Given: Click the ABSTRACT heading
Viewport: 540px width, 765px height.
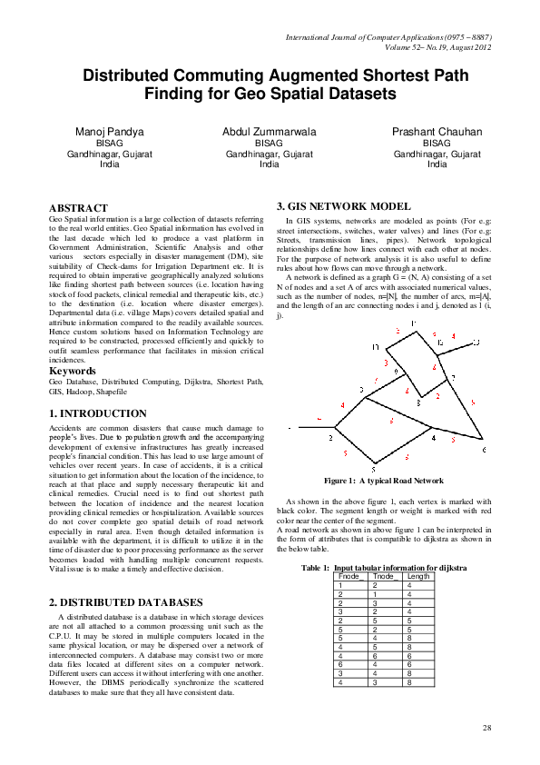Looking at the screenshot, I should pyautogui.click(x=78, y=208).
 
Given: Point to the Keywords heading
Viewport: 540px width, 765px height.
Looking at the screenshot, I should pyautogui.click(x=74, y=372).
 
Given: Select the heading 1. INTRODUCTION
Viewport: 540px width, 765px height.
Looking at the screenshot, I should pyautogui.click(x=97, y=413).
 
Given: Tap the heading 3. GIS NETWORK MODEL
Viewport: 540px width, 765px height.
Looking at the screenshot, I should pyautogui.click(x=337, y=206).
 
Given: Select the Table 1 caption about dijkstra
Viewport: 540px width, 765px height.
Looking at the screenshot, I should pyautogui.click(x=384, y=567).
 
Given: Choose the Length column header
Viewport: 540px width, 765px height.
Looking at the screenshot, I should pyautogui.click(x=419, y=576).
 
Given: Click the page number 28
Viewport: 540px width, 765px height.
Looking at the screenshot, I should pyautogui.click(x=486, y=728).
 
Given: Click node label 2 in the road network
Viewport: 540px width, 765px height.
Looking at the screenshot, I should pyautogui.click(x=330, y=437).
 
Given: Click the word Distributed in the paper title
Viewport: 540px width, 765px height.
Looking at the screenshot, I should pyautogui.click(x=141, y=77).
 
